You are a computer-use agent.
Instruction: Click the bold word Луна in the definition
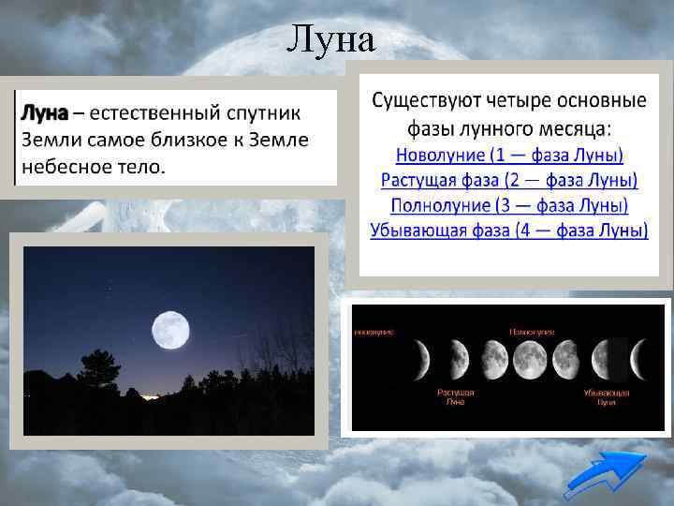click(44, 114)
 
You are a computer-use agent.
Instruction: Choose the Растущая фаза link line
click(508, 180)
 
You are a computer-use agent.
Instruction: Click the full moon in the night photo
click(170, 329)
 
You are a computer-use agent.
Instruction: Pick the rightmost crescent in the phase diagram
click(640, 356)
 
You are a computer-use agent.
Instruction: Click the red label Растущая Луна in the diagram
click(455, 396)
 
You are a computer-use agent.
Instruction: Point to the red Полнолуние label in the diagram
click(532, 332)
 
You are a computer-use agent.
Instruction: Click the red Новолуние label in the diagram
click(374, 332)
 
